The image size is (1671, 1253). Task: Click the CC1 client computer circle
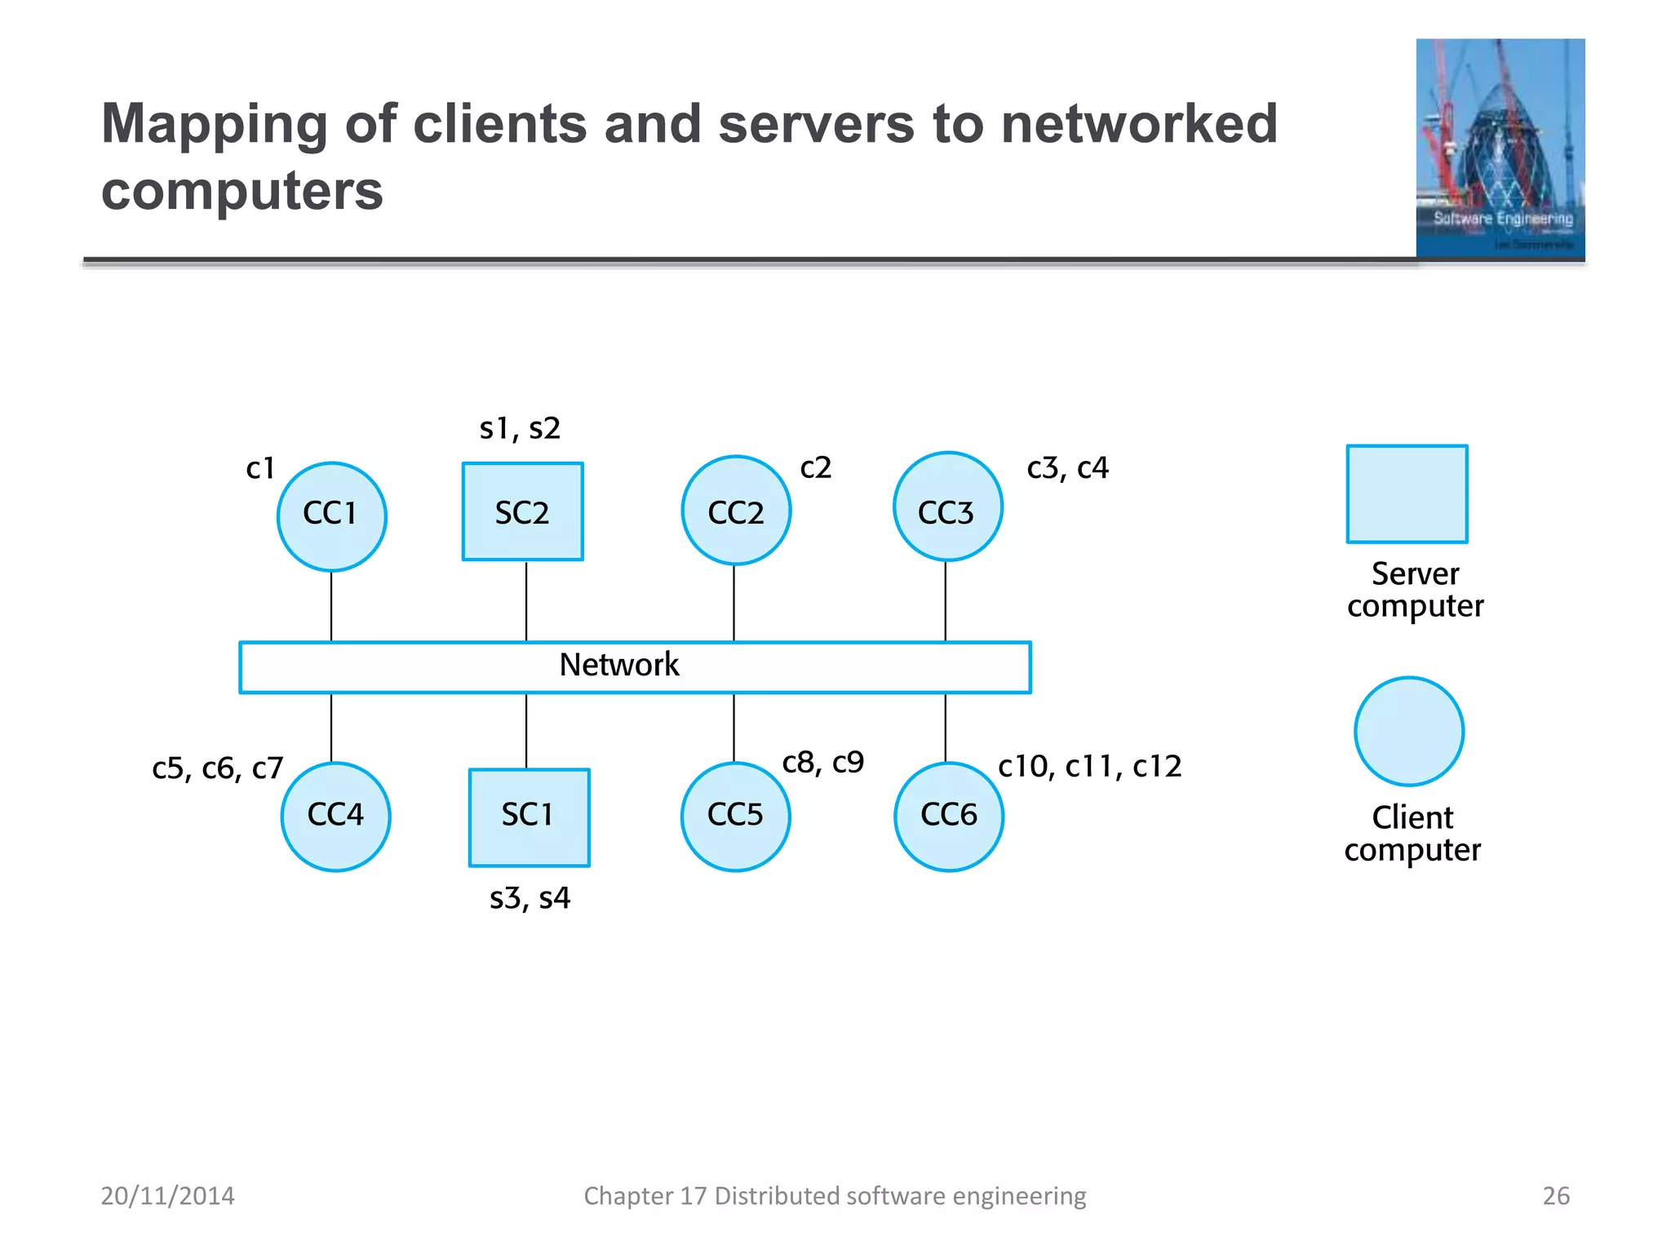331,516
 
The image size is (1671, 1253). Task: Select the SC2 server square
522,511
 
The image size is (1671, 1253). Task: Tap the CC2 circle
736,511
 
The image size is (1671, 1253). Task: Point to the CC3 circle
947,507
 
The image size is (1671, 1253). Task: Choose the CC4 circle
335,817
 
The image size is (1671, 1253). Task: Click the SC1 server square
529,817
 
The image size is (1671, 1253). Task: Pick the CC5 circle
735,817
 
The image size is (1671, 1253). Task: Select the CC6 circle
949,817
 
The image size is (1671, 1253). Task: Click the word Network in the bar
618,665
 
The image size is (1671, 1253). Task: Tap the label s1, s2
520,428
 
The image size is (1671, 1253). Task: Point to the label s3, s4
530,898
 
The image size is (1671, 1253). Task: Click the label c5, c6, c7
217,768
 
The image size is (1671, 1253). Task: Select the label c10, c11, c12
1089,766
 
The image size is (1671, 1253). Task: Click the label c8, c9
822,762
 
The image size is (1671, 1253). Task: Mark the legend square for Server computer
1407,494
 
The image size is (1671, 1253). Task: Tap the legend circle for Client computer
1409,732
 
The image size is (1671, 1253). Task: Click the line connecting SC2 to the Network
526,601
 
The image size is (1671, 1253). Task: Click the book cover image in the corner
1500,148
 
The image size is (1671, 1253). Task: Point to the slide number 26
1555,1196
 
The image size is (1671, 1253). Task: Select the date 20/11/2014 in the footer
167,1196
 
